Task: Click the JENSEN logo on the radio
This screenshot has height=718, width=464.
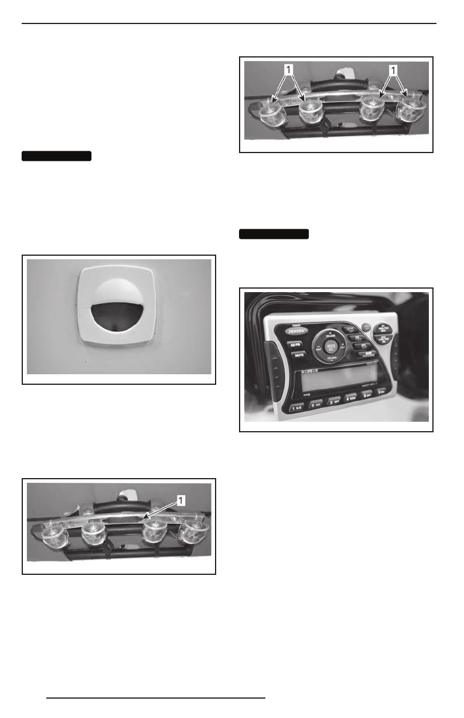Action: pos(299,331)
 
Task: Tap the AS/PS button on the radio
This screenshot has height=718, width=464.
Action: pos(300,346)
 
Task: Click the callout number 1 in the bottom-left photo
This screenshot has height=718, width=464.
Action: pos(182,500)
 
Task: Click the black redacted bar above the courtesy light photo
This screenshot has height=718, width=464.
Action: pos(57,156)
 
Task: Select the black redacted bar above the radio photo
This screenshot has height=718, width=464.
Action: pos(274,235)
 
